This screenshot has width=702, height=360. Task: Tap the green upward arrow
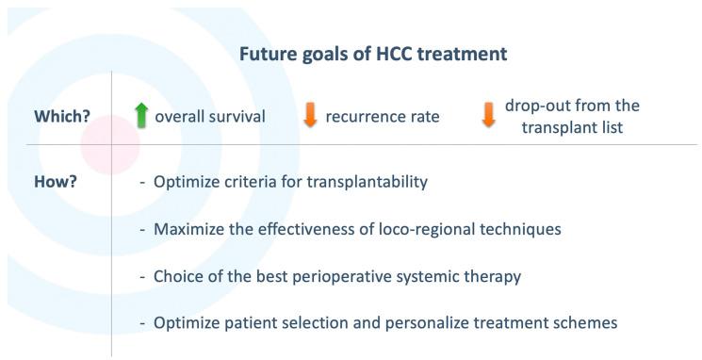click(x=141, y=116)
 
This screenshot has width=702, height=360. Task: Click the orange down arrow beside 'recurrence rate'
click(x=309, y=116)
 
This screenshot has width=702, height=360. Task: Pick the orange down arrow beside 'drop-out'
click(x=488, y=116)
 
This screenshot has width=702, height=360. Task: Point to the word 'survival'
click(x=235, y=117)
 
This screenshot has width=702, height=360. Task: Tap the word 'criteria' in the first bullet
click(x=248, y=180)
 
